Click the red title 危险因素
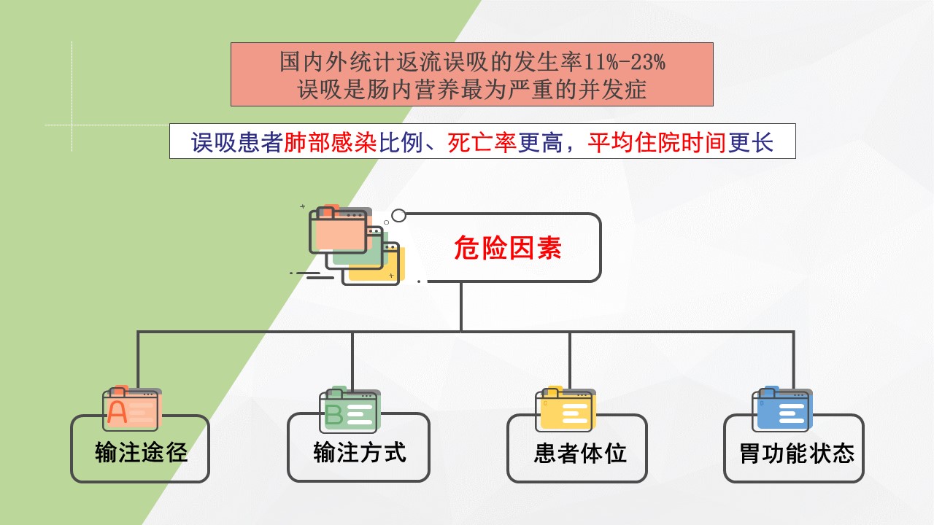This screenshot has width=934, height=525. (507, 248)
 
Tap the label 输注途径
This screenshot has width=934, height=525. (141, 452)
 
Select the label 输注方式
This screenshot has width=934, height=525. (360, 452)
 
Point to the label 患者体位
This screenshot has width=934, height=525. (580, 453)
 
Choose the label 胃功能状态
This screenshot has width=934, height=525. (796, 453)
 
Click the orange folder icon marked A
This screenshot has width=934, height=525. (132, 408)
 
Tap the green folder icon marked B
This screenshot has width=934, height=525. (350, 410)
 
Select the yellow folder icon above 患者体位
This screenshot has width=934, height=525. (566, 409)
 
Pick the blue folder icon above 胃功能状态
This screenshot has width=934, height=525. (782, 409)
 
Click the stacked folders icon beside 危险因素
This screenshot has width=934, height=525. (355, 244)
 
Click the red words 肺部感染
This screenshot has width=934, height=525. (331, 142)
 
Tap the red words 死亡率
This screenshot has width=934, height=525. (482, 142)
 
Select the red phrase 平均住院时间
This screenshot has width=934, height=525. (657, 142)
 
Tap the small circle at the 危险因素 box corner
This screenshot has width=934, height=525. (398, 215)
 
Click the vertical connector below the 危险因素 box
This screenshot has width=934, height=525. (461, 307)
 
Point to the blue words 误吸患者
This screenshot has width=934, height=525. (237, 142)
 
